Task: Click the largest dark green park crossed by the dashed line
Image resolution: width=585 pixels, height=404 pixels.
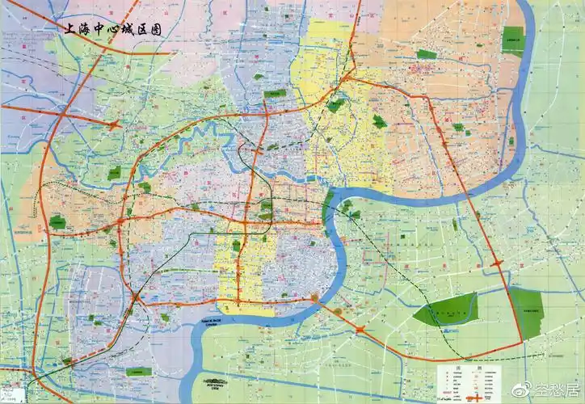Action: [444, 310]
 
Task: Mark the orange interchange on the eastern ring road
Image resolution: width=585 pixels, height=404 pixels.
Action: [495, 263]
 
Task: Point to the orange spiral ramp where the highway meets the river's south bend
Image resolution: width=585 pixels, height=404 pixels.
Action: [314, 298]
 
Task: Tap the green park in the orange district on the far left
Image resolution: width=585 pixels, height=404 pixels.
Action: [57, 221]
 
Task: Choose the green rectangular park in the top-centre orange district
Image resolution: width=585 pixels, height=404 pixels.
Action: [427, 54]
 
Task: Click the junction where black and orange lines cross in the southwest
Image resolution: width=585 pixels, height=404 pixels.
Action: [138, 298]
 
